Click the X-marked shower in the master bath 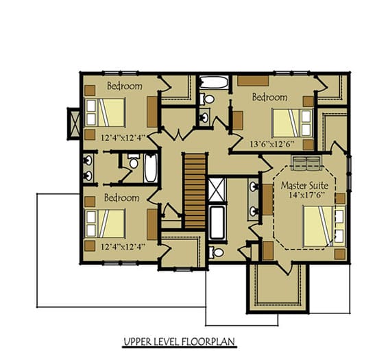point(217,188)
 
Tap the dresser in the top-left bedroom point(151,110)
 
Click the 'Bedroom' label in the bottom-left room point(122,197)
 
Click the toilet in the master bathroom point(217,252)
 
